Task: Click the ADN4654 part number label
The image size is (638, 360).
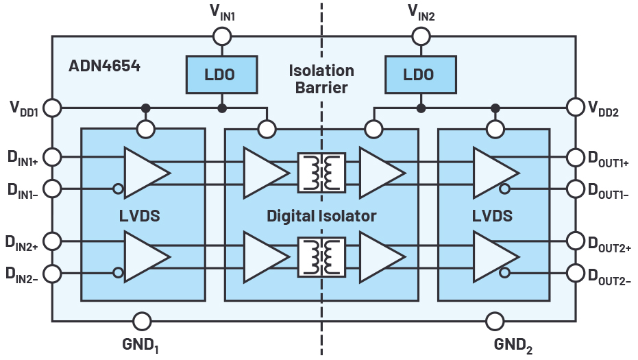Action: [104, 67]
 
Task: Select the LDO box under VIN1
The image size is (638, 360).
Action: [221, 74]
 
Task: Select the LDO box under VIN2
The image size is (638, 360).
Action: [419, 74]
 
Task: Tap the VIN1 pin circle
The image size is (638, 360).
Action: [221, 36]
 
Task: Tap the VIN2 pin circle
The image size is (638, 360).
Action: [419, 36]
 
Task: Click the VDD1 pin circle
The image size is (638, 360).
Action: [53, 108]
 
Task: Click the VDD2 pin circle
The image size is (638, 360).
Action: [574, 108]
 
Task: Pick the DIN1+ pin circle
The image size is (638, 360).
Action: [53, 158]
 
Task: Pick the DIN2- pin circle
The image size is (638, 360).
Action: [53, 273]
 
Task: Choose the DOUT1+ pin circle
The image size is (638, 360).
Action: [574, 158]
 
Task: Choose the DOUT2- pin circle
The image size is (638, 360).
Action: [574, 273]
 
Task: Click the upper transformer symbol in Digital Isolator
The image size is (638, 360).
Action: [321, 171]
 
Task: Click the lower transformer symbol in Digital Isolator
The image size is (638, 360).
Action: [321, 256]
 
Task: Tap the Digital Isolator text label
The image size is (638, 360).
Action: [321, 216]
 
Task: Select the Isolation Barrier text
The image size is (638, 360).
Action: [321, 79]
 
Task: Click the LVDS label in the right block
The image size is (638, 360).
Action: [493, 216]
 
